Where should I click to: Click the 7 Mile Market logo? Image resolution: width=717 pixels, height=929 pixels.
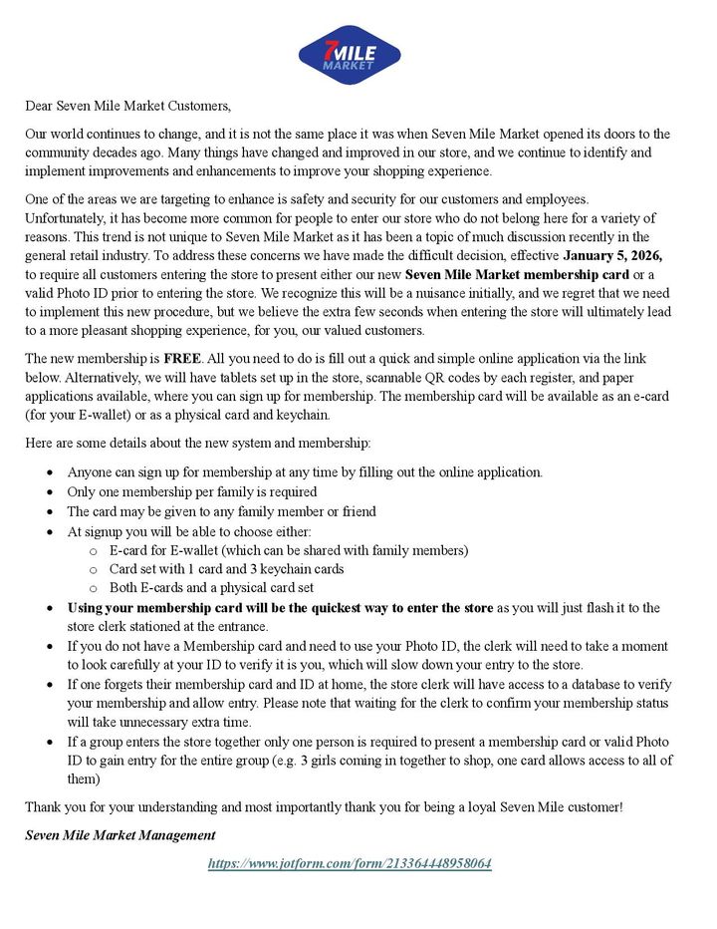click(x=349, y=55)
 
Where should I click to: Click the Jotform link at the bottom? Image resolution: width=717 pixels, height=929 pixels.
click(x=350, y=863)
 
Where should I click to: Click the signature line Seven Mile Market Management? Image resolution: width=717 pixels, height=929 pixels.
click(x=120, y=833)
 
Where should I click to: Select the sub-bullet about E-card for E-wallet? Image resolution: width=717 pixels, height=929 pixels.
click(x=288, y=549)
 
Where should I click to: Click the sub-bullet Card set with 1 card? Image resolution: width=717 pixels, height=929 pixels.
click(x=226, y=568)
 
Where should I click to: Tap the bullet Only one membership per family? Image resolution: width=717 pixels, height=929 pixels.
click(x=191, y=491)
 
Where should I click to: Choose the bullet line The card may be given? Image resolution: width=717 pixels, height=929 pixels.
click(x=221, y=510)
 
